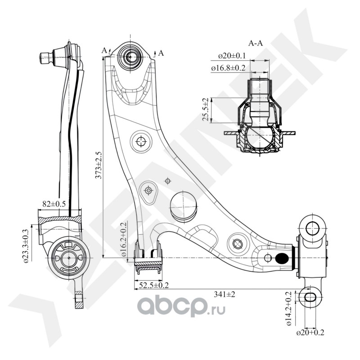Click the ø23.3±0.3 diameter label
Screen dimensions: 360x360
(27, 245)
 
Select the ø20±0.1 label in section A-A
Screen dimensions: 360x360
(232, 56)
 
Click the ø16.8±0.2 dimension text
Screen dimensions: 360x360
(229, 67)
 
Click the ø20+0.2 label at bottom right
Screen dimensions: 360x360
(310, 333)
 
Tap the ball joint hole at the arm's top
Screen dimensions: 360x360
(131, 57)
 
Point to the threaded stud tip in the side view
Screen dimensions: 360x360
(44, 58)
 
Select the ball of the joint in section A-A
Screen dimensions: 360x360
(259, 137)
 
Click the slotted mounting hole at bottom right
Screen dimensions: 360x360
(310, 297)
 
